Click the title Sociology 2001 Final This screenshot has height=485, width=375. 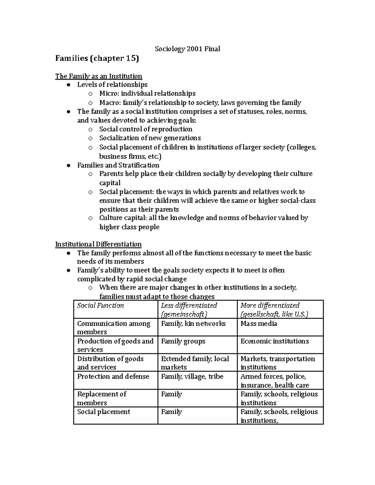(187, 49)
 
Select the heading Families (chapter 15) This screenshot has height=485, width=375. (97, 58)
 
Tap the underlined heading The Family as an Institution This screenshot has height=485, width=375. (98, 76)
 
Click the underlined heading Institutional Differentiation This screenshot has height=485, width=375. (98, 244)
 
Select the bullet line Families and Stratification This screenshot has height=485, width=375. (118, 165)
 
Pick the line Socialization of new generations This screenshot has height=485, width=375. (150, 138)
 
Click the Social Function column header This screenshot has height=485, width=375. (100, 305)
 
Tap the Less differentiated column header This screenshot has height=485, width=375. (189, 309)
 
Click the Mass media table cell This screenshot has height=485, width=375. (258, 324)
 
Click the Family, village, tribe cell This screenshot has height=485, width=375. (192, 377)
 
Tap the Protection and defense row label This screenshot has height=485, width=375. (113, 377)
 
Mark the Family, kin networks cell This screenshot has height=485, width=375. (193, 324)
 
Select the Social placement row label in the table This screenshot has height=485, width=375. (103, 412)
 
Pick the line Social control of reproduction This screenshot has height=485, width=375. (146, 129)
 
